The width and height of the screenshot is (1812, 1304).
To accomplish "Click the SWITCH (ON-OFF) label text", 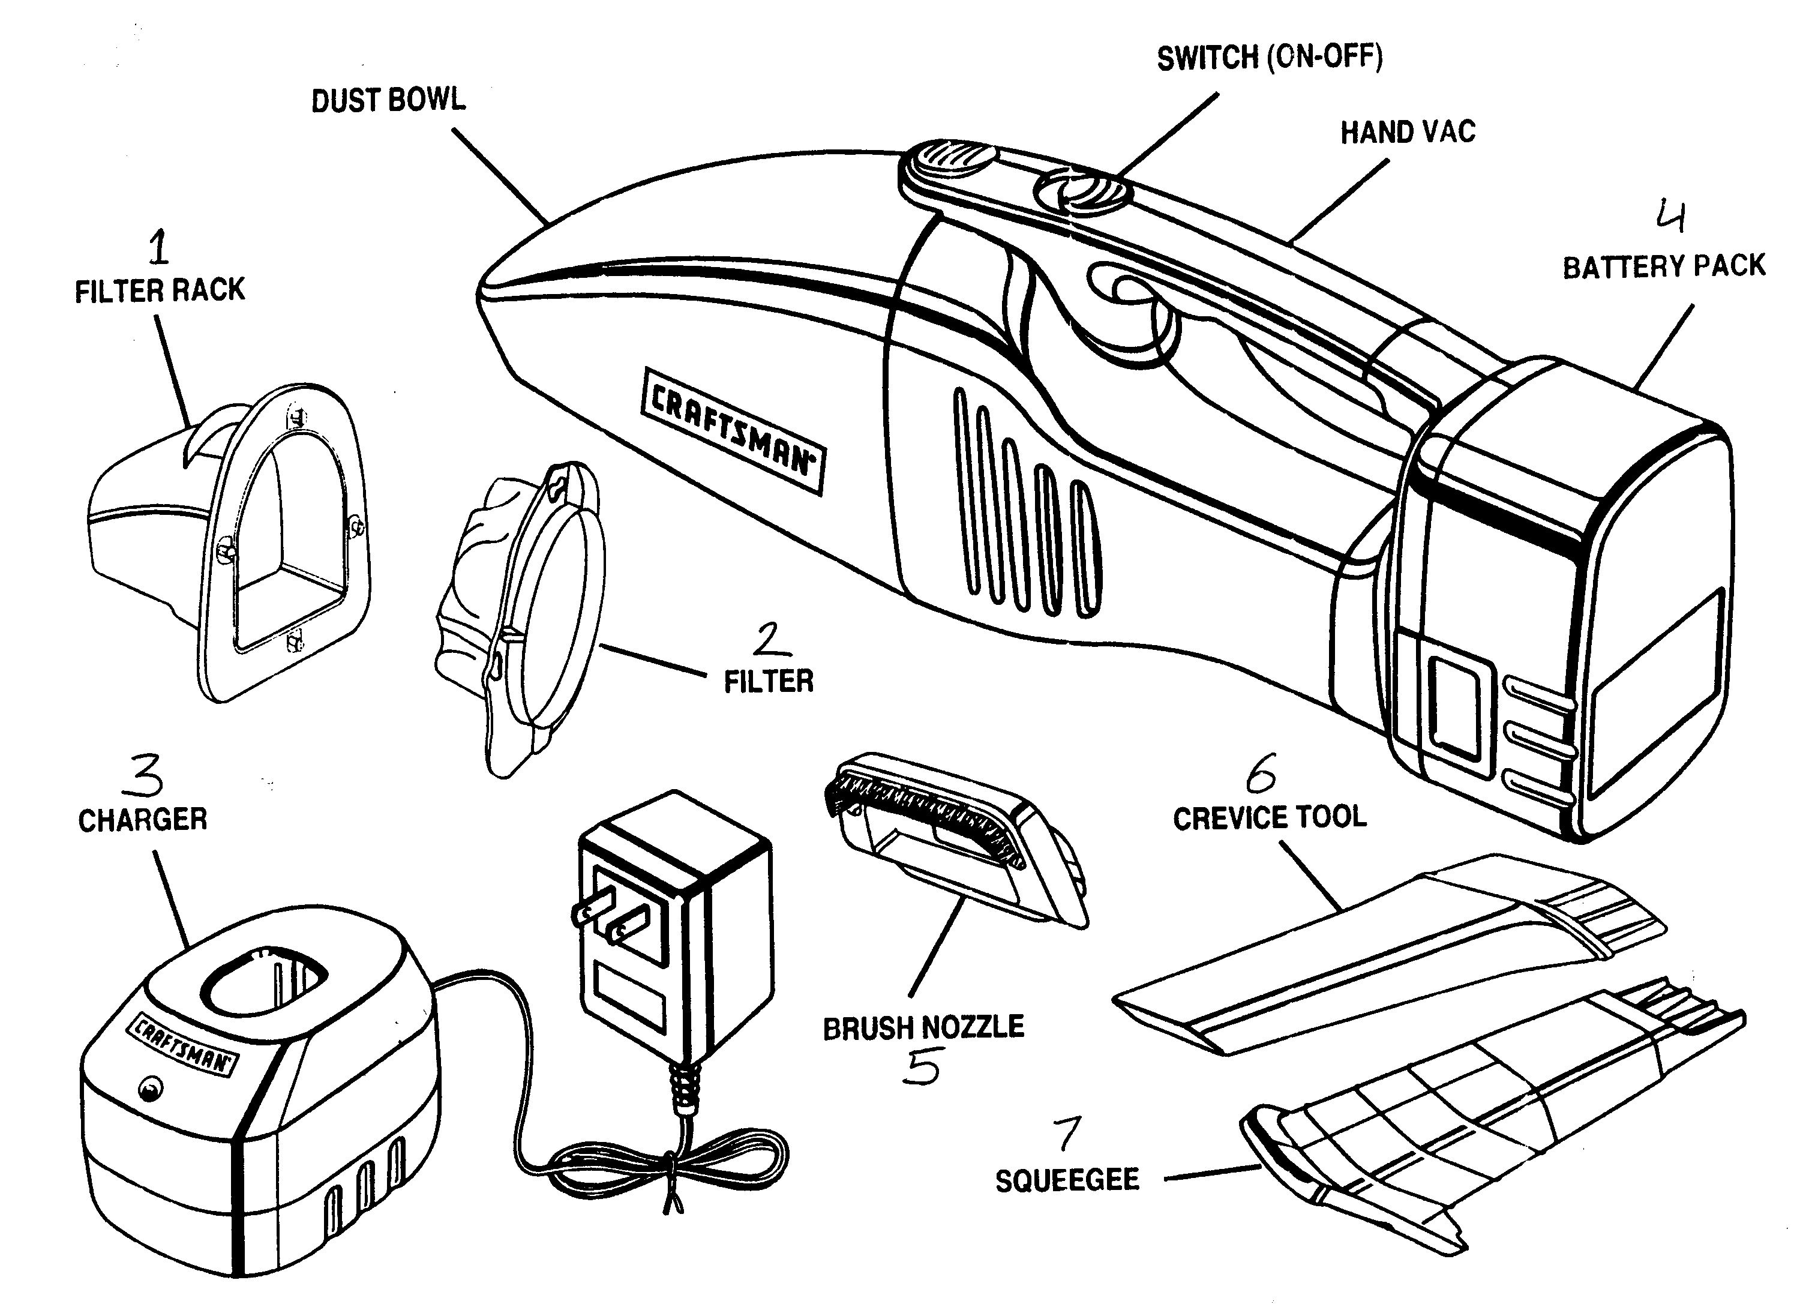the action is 1270,57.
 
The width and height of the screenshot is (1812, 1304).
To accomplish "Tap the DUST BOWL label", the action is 388,101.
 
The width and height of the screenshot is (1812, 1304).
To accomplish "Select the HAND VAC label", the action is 1408,132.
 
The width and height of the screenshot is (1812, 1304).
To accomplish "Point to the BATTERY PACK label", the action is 1664,266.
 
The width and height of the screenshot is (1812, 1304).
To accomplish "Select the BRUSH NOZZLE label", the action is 923,1027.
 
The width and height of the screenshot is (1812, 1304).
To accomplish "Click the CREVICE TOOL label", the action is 1270,817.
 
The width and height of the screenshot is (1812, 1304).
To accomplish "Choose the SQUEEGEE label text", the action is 1067,1180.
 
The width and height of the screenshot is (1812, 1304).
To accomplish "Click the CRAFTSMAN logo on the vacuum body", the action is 733,431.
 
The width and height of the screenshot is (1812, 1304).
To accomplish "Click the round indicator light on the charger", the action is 150,1088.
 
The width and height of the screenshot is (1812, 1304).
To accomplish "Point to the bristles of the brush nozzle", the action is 923,815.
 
